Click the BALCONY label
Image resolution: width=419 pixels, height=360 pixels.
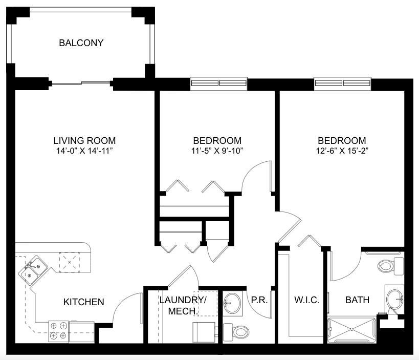tap(81, 43)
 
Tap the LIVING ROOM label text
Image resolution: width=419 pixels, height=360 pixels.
tap(84, 141)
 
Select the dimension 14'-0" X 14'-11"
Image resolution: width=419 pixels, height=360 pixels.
tap(84, 151)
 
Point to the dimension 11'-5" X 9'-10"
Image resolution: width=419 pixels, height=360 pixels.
tap(217, 151)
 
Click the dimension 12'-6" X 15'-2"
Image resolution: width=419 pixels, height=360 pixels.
tap(342, 151)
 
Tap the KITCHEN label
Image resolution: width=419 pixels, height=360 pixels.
tap(83, 302)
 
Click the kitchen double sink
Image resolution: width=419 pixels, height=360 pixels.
tap(33, 270)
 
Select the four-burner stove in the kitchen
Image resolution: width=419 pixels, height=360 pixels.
tap(58, 331)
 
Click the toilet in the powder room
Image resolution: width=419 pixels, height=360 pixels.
tap(236, 332)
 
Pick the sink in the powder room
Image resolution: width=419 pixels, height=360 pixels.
tap(232, 303)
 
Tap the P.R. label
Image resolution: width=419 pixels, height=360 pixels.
tap(259, 300)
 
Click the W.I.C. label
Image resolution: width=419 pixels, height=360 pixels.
tap(307, 300)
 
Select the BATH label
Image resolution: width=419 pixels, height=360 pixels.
tap(357, 300)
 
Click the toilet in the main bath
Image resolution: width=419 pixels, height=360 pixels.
tap(390, 266)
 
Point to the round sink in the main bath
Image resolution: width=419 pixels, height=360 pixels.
tap(394, 299)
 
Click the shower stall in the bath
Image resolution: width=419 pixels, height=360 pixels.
tap(352, 330)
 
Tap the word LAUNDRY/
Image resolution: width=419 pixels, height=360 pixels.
tap(183, 300)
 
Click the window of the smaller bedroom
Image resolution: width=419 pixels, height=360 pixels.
tap(218, 83)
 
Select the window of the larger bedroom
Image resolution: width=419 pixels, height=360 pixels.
tap(342, 83)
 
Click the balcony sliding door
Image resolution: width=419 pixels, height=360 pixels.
tap(81, 83)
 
